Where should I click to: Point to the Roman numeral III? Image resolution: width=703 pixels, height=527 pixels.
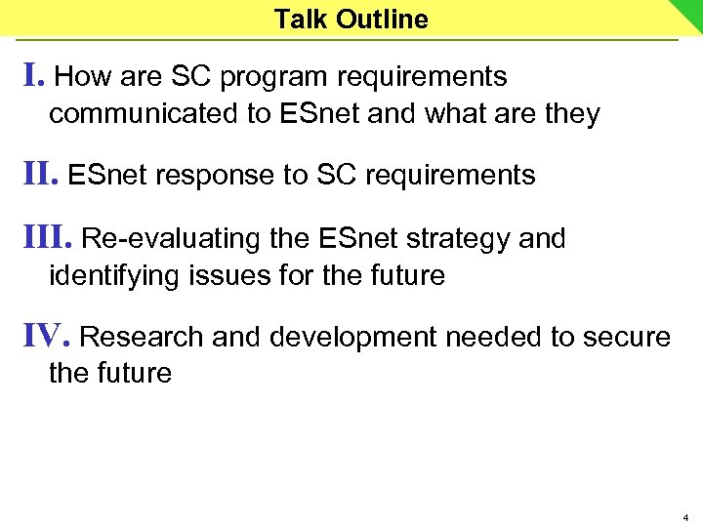click(47, 238)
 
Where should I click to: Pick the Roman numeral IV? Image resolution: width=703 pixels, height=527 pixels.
click(46, 337)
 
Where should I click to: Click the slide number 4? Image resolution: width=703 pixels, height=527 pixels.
click(686, 516)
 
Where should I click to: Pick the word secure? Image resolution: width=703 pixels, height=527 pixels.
click(627, 338)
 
